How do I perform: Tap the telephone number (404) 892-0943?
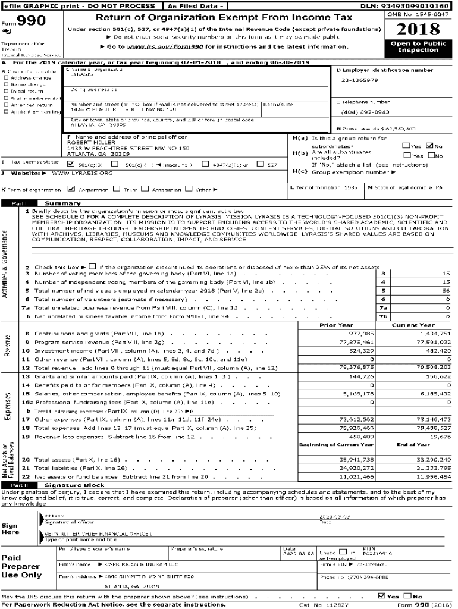coord(366,112)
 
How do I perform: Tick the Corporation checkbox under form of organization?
coord(71,189)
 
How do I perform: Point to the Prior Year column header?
coord(336,325)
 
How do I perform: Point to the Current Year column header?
coord(413,325)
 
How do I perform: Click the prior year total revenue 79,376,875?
coord(357,368)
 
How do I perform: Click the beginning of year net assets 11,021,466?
coord(357,477)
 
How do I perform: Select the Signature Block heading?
coord(74,485)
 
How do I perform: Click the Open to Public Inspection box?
coord(418,47)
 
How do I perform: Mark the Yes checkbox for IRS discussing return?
coord(381,596)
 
